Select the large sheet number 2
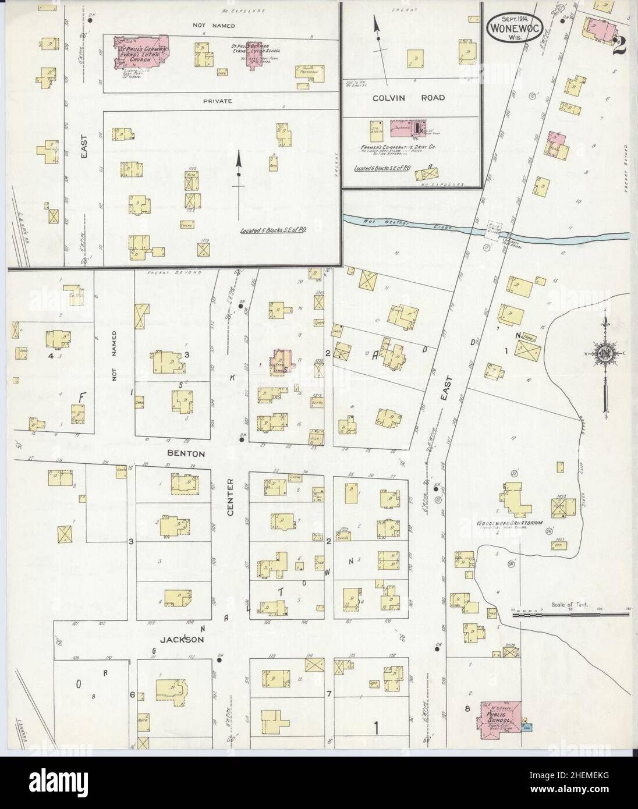pyautogui.click(x=618, y=45)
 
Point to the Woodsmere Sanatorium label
pyautogui.click(x=509, y=523)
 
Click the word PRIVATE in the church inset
pyautogui.click(x=218, y=101)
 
